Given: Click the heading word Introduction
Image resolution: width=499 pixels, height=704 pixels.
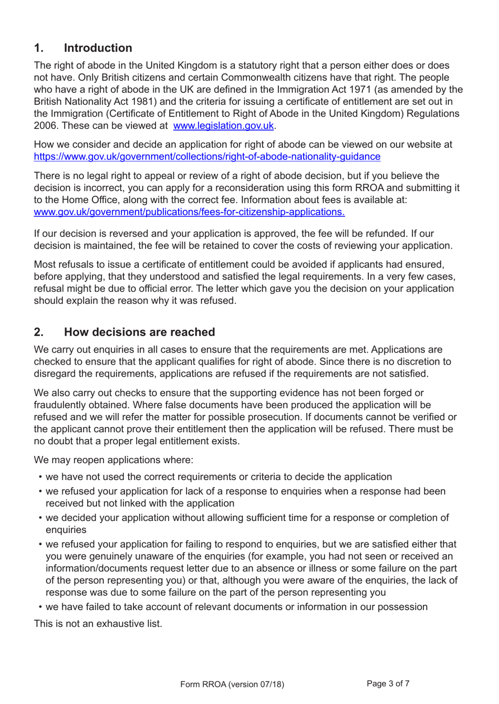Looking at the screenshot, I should coord(98,48).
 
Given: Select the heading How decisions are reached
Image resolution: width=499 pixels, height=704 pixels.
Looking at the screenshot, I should coord(139,332).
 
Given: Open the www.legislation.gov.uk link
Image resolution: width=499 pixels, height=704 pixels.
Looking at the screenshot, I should coord(223,126).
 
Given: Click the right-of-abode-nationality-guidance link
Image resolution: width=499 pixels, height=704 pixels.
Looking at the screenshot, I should coord(207,157).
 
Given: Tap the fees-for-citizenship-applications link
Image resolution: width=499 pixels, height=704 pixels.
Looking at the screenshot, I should coord(189,212).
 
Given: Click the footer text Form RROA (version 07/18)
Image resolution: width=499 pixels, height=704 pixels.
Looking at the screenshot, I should coord(232,684).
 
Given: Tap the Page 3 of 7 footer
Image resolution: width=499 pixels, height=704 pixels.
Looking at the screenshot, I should coord(388,684).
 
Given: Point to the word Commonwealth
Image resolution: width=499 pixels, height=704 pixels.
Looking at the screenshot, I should coord(252,78).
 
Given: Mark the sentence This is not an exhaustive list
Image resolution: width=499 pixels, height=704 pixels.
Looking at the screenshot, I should coord(98,624).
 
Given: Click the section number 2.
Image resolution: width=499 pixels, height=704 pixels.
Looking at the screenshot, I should coord(38,332).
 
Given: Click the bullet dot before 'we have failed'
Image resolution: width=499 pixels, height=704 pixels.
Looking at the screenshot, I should coord(40,607).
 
